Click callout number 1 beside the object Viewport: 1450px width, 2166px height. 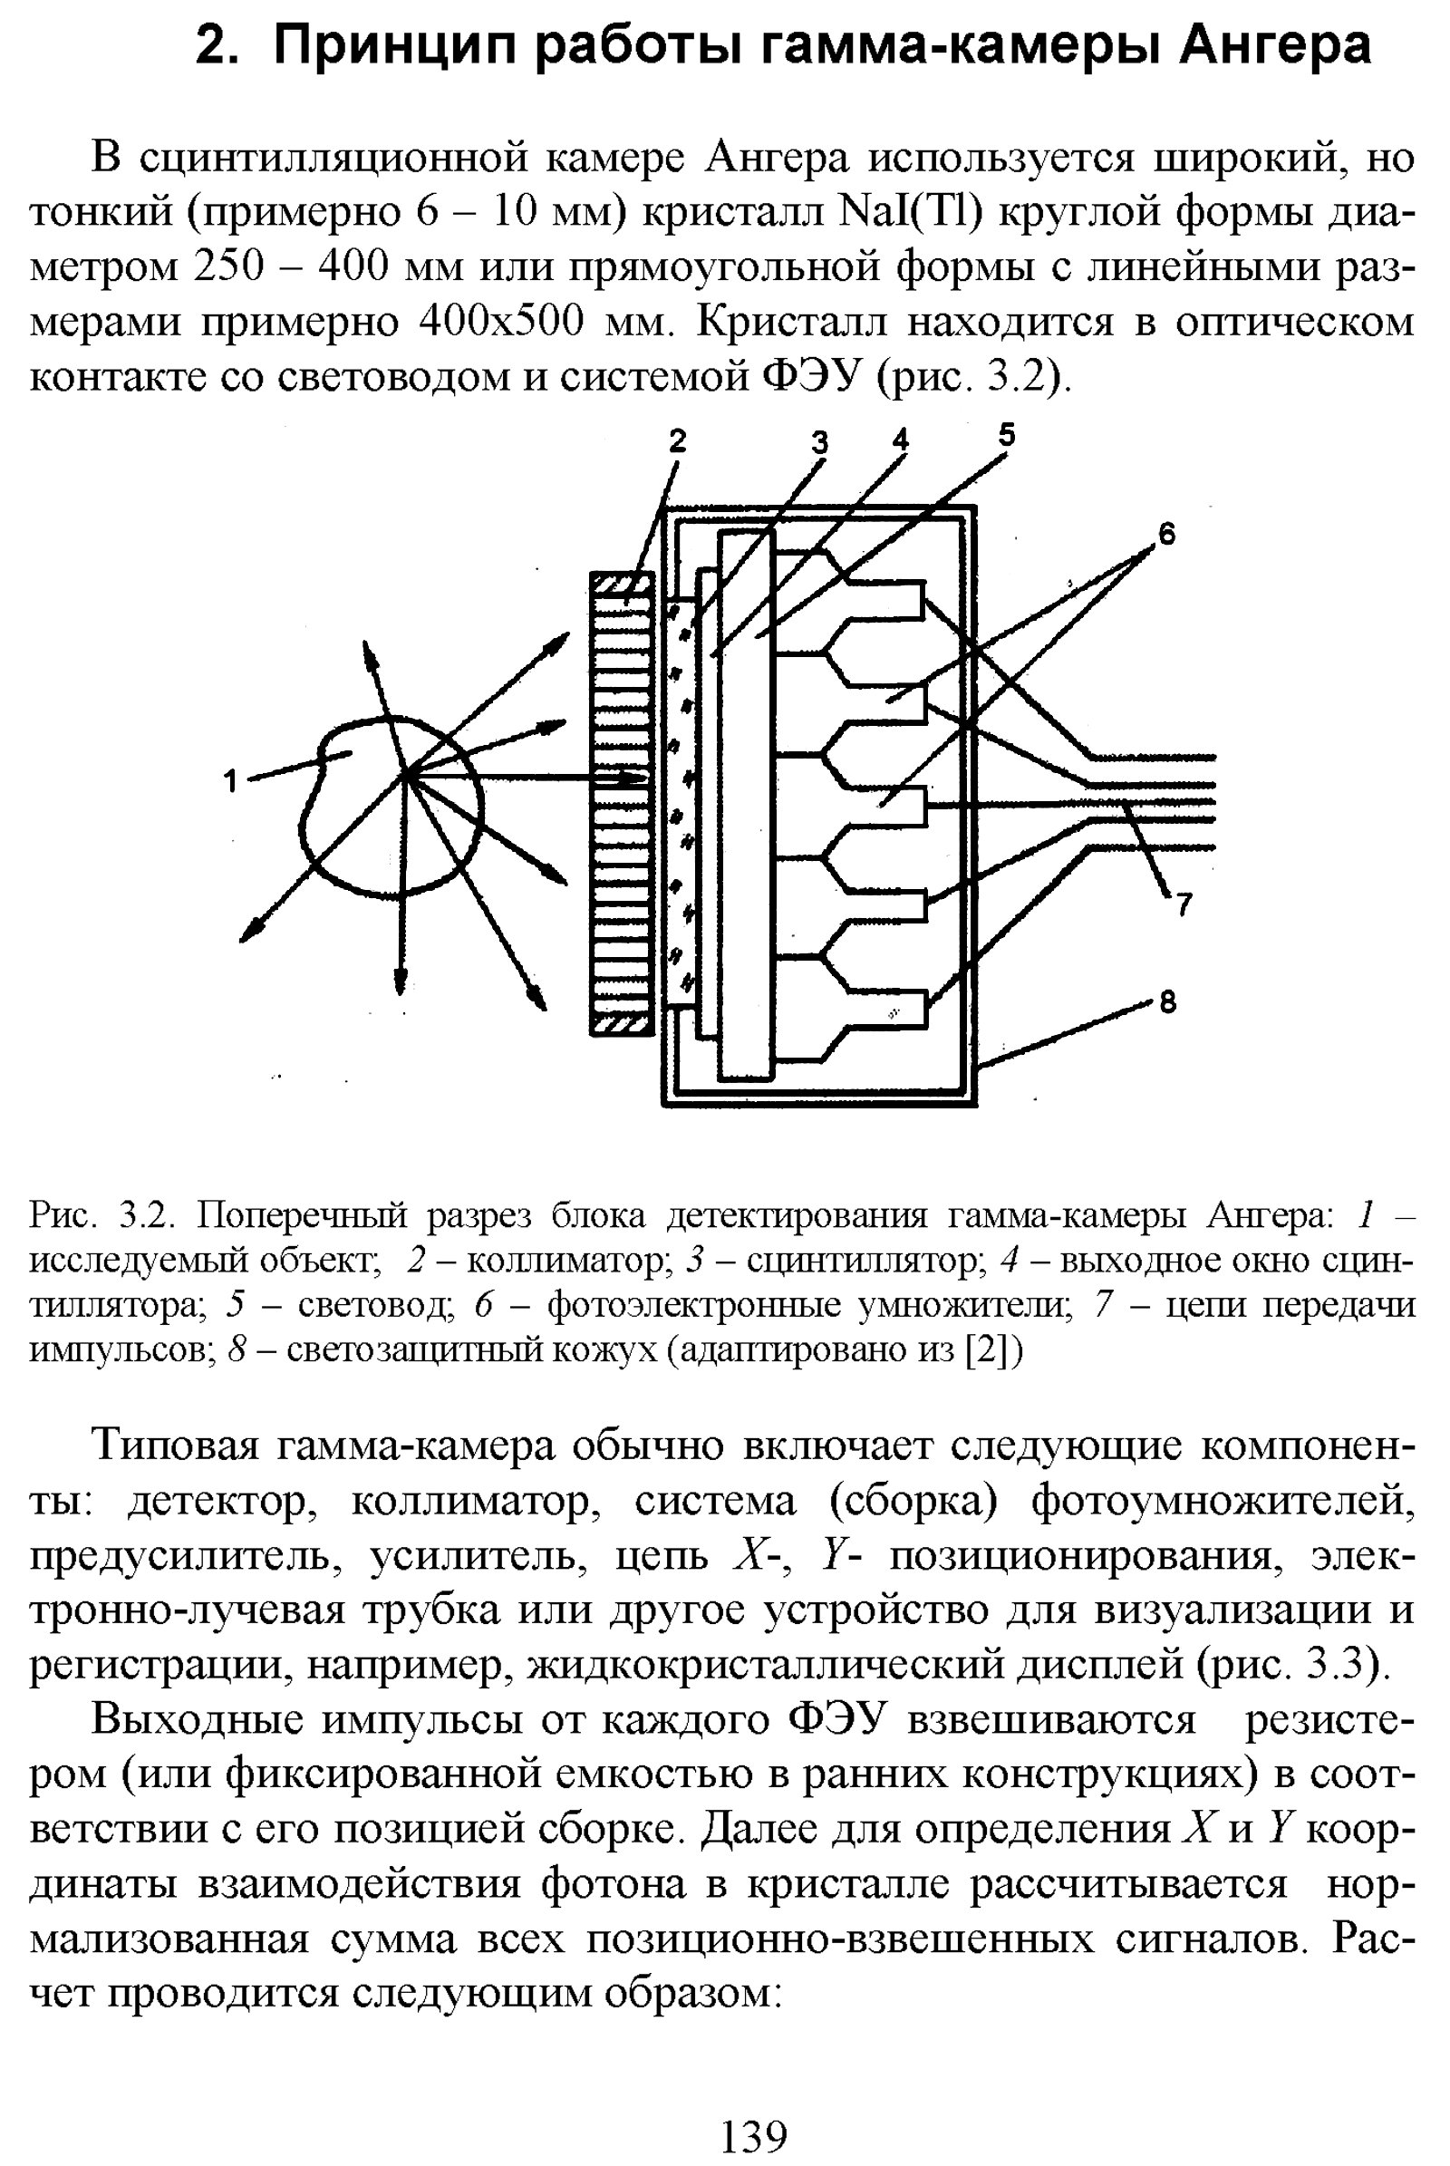click(231, 781)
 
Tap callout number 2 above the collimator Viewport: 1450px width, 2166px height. click(678, 442)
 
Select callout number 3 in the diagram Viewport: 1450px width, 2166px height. click(819, 444)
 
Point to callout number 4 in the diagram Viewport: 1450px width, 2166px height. click(900, 440)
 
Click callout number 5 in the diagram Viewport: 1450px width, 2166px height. click(1006, 434)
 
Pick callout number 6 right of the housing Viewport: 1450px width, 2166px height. click(1167, 534)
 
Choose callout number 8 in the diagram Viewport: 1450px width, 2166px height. click(1168, 1001)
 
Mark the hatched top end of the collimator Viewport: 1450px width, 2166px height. click(623, 585)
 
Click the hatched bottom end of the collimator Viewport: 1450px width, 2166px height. click(623, 1024)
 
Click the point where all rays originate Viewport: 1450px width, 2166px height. click(405, 775)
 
